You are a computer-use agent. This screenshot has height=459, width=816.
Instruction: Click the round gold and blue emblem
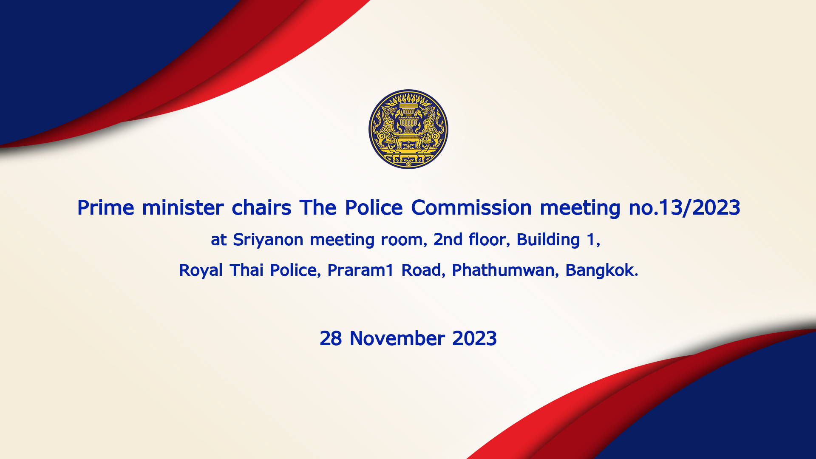(x=408, y=129)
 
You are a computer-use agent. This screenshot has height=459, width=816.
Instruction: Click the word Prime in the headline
(x=106, y=208)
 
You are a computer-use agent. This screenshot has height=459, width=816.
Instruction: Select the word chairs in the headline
(x=261, y=208)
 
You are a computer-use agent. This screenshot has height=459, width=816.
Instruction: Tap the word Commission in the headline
(x=471, y=208)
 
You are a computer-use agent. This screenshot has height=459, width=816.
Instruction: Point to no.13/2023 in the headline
(x=684, y=208)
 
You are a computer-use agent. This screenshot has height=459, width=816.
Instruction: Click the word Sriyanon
(x=268, y=240)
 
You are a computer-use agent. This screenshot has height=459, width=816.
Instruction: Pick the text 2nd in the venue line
(x=448, y=240)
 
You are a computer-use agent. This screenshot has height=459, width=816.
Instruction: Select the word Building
(x=548, y=240)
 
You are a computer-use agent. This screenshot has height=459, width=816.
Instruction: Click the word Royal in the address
(x=201, y=271)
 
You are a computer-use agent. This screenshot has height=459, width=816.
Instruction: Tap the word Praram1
(x=361, y=270)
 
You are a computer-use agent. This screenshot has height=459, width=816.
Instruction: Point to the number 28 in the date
(x=331, y=339)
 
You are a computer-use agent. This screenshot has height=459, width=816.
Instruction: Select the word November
(x=397, y=339)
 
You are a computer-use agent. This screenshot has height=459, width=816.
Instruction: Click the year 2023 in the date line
(x=474, y=339)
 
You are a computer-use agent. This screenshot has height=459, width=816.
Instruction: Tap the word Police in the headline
(x=374, y=208)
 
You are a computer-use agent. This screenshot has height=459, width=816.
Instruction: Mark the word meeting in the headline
(x=580, y=208)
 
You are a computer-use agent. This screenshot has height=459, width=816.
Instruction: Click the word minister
(x=183, y=208)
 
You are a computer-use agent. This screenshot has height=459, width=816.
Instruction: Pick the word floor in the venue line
(x=489, y=240)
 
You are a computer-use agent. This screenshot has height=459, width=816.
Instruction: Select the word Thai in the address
(x=246, y=270)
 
